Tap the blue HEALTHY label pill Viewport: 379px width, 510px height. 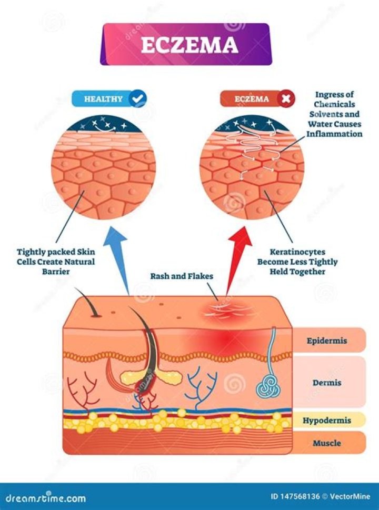(x=104, y=98)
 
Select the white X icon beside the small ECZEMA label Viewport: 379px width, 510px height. (x=285, y=98)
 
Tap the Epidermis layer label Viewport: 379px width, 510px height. (x=327, y=341)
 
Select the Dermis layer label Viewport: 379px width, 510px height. (x=327, y=383)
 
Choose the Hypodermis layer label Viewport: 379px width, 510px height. (x=327, y=420)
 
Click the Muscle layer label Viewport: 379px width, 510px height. (x=327, y=443)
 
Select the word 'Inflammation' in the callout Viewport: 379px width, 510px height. (x=335, y=134)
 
